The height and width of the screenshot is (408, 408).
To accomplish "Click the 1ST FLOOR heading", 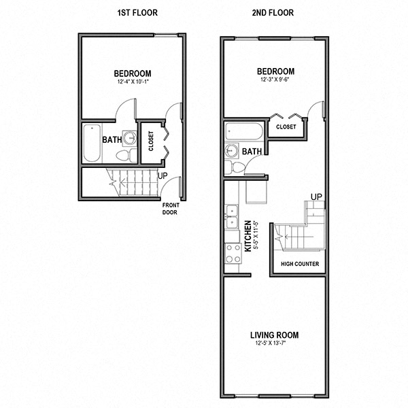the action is (137, 13).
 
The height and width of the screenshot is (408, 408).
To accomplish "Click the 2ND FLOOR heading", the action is (273, 13).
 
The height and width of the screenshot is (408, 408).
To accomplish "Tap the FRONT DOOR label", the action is (171, 209).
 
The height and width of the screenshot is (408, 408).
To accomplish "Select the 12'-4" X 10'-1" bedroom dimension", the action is (133, 82).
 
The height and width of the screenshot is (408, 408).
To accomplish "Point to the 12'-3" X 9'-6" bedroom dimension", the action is (275, 80).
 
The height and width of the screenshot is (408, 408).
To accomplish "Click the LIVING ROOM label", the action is (275, 335).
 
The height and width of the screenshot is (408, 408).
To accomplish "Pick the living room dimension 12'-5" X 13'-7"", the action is (271, 343).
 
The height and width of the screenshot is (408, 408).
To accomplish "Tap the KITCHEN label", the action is (248, 236).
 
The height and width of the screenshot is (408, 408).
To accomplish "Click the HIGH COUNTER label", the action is (300, 264).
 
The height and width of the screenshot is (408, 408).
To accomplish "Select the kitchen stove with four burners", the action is (233, 254).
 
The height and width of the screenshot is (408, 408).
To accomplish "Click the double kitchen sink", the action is (232, 216).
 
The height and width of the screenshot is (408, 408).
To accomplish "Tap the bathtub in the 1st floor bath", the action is (92, 143).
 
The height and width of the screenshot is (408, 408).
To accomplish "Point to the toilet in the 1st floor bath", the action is (126, 156).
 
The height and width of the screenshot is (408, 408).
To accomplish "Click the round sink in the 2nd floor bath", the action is (231, 151).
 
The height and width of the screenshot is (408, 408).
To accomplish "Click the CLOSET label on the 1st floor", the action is (151, 141).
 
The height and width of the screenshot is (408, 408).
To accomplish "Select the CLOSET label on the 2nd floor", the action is (286, 126).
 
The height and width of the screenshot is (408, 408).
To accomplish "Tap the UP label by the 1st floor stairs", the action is (163, 176).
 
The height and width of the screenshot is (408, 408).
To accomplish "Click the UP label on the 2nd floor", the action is (316, 197).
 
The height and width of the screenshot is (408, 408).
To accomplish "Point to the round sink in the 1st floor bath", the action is (130, 138).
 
